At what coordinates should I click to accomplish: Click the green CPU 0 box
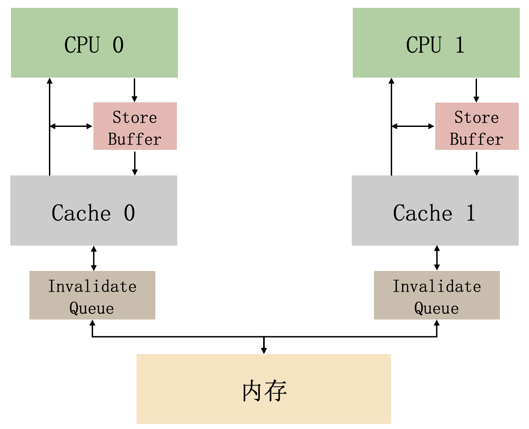pos(94,43)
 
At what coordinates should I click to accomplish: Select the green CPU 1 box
pos(436,43)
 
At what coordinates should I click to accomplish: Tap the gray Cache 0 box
pos(93,210)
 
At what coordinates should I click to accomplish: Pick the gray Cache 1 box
pos(435,210)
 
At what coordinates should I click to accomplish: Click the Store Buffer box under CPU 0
pos(135,126)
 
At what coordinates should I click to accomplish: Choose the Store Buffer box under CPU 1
pos(477,126)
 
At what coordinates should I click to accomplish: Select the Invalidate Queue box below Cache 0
pos(92,295)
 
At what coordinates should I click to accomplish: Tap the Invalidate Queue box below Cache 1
pos(437,295)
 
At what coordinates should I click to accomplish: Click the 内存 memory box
pos(263,389)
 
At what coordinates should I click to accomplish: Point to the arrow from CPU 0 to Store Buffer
pos(134,90)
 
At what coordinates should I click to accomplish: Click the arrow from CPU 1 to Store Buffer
pos(476,90)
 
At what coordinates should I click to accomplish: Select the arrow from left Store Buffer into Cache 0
pos(135,163)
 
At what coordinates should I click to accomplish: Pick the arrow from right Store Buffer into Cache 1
pos(476,163)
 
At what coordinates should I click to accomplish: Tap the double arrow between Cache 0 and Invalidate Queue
pos(94,258)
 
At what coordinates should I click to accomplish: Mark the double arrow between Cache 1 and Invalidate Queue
pos(437,258)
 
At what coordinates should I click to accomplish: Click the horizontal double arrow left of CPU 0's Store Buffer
pos(71,126)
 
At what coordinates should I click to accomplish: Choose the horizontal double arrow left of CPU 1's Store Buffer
pos(413,126)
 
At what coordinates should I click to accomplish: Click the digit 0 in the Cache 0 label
pos(129,213)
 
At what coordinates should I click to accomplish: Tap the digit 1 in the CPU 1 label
pos(460,45)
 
